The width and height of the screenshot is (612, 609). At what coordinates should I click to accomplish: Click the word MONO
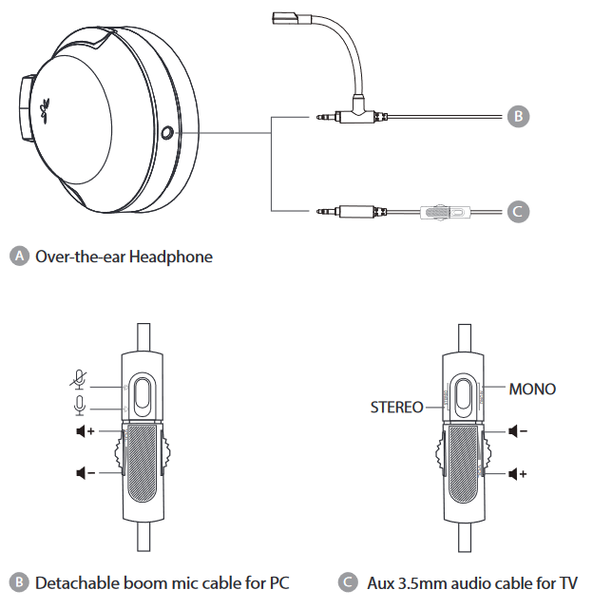pyautogui.click(x=532, y=389)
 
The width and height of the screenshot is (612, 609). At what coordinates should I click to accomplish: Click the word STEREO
pyautogui.click(x=396, y=408)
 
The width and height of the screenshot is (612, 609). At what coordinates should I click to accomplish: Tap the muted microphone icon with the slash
pyautogui.click(x=80, y=379)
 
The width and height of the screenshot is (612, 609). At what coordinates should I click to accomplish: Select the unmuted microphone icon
pyautogui.click(x=80, y=406)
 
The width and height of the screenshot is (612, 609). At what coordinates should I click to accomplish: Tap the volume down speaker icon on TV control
pyautogui.click(x=518, y=432)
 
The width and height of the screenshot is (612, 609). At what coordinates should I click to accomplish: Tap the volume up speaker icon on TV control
pyautogui.click(x=518, y=472)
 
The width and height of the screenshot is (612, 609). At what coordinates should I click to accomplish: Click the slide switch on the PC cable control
pyautogui.click(x=143, y=395)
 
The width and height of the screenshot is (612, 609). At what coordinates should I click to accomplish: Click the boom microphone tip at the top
pyautogui.click(x=285, y=17)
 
